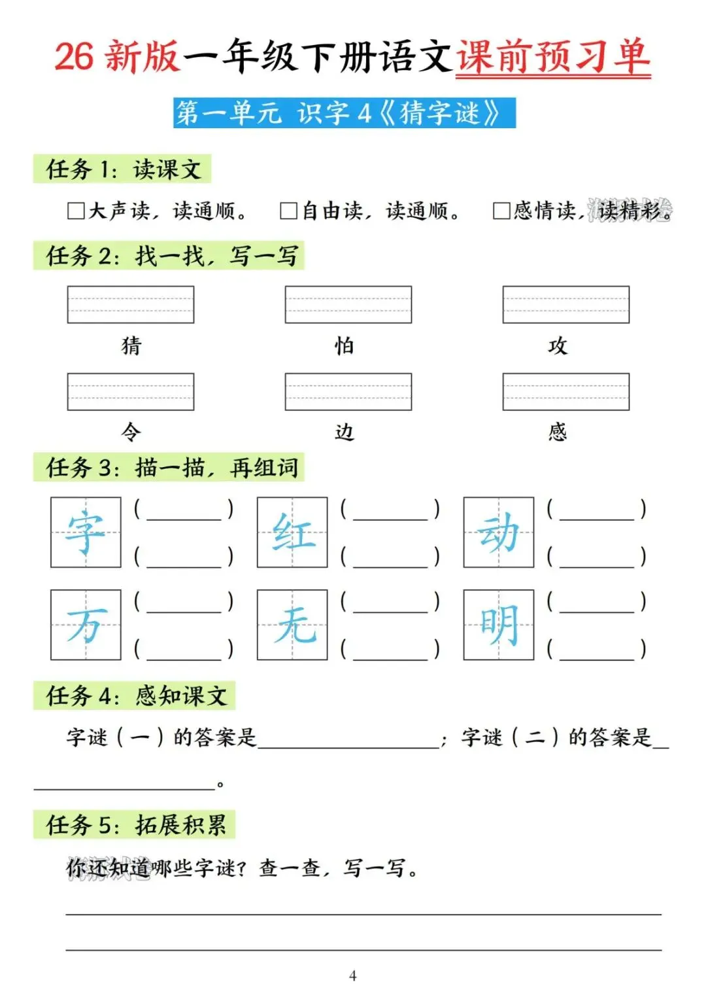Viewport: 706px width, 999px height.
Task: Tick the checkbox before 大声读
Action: click(x=76, y=211)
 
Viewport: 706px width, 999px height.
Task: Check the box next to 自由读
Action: click(x=288, y=211)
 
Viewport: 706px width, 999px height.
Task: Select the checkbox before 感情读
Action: click(x=501, y=211)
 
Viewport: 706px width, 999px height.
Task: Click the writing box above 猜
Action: click(x=131, y=304)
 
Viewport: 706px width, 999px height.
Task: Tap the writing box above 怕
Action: click(x=348, y=304)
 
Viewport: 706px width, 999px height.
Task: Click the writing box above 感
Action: click(x=566, y=391)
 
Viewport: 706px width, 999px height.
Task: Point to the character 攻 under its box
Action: click(x=558, y=345)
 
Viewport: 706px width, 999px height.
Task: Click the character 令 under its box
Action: click(x=131, y=432)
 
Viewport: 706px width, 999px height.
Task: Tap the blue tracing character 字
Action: click(x=86, y=533)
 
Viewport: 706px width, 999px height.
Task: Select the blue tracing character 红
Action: click(x=292, y=533)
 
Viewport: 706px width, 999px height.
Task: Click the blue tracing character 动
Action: click(x=499, y=533)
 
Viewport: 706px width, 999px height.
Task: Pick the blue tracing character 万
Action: click(x=86, y=625)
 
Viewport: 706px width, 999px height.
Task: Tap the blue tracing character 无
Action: click(x=292, y=625)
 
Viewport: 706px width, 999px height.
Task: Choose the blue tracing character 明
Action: click(x=499, y=625)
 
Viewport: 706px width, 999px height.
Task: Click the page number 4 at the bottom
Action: click(x=353, y=975)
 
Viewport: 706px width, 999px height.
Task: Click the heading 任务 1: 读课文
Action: click(x=123, y=169)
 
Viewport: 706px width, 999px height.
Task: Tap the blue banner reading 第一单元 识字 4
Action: click(x=345, y=113)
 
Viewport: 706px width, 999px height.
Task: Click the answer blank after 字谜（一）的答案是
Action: click(x=348, y=739)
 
